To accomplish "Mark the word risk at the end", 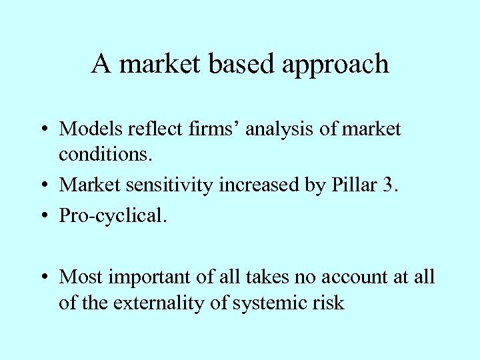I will click(x=331, y=303).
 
